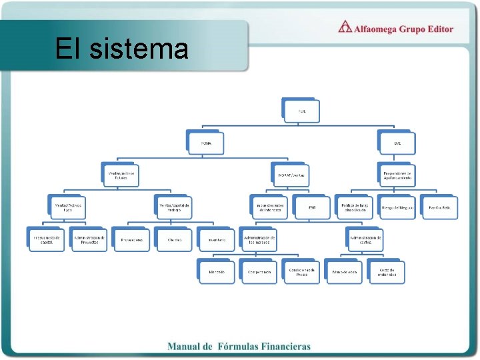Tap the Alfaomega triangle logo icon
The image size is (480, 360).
pos(345,27)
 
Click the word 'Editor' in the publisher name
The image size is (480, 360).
pos(437,29)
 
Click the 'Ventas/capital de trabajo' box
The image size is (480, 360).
pos(174,207)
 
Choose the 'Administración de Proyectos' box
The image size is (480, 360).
pos(89,239)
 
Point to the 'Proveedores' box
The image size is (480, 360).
pos(132,239)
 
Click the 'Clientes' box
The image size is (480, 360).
pos(175,239)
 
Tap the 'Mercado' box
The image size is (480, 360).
pos(217,272)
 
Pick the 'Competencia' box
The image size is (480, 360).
pos(259,272)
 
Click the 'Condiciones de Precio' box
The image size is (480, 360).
pos(302,272)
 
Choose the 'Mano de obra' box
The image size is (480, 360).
pos(345,272)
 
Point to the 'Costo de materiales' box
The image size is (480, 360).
pos(387,272)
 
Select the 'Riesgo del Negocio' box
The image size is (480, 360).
pos(398,207)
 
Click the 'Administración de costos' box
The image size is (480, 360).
pos(366,239)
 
